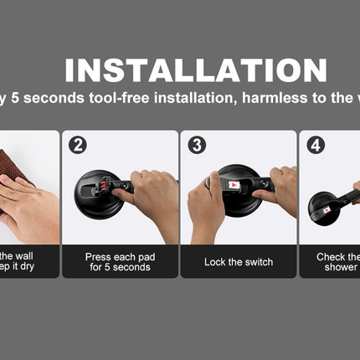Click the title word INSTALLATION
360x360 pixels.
click(196, 70)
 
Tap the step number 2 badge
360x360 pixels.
click(78, 145)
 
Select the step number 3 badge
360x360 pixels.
click(197, 145)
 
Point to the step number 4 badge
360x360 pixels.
click(316, 145)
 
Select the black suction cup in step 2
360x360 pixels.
click(92, 196)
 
